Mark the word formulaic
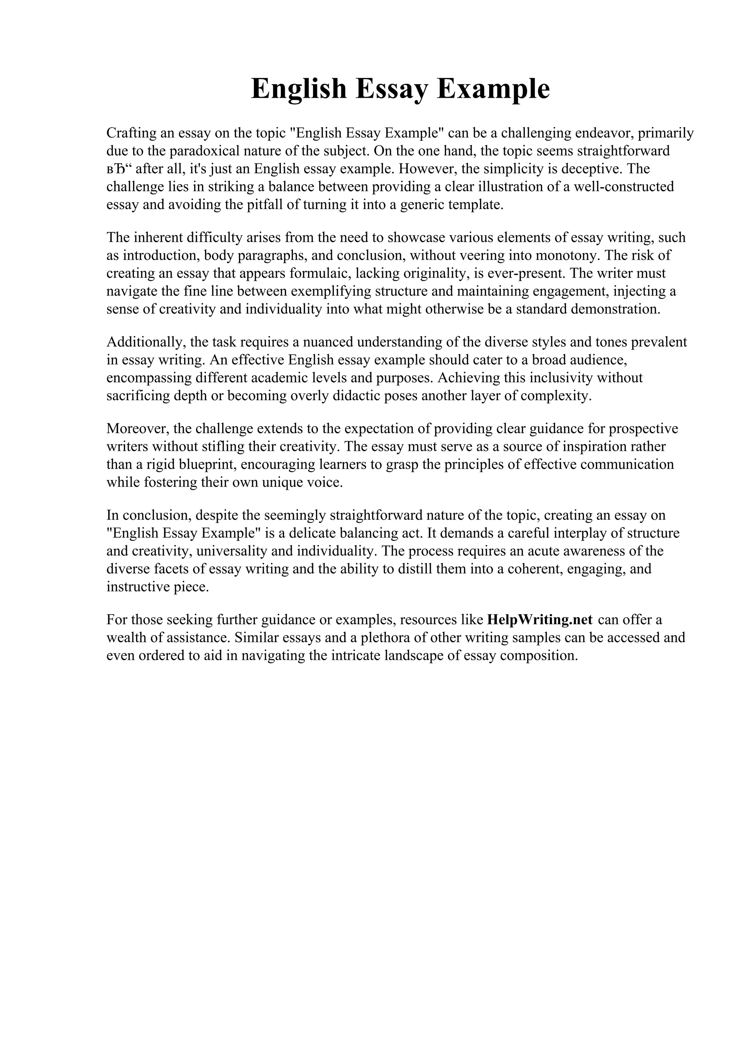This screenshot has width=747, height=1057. pyautogui.click(x=317, y=274)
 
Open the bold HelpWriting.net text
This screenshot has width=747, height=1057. pyautogui.click(x=539, y=620)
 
